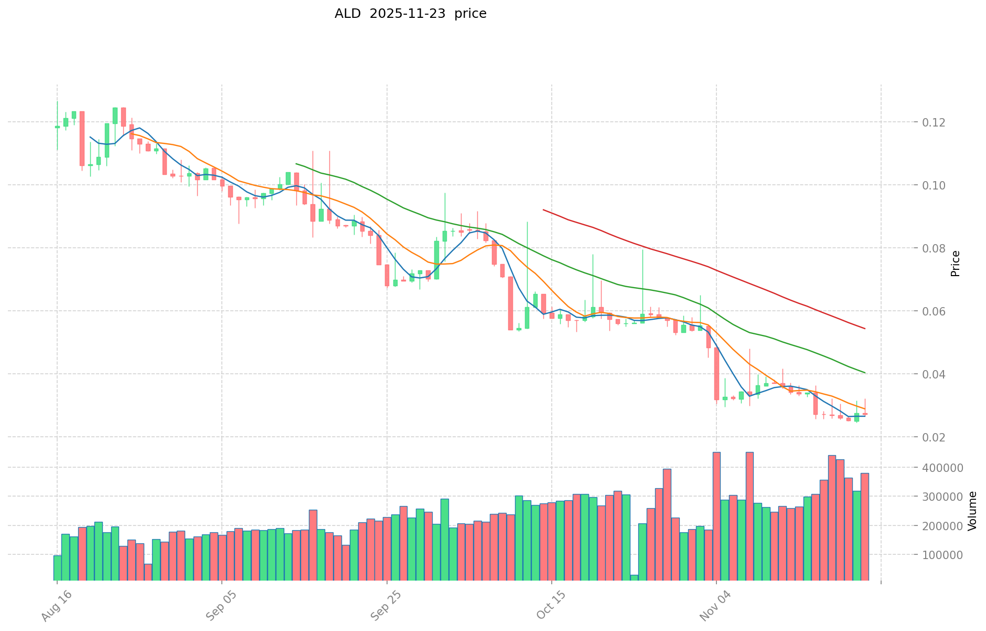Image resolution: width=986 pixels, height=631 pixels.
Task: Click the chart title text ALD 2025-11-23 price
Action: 410,14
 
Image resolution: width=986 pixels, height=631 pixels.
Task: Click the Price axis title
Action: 955,264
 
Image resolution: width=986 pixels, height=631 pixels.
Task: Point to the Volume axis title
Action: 972,511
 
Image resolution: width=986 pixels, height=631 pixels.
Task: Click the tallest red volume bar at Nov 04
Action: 716,516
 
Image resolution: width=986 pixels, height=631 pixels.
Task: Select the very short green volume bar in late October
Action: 634,577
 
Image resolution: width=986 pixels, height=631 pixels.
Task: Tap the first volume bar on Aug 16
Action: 57,567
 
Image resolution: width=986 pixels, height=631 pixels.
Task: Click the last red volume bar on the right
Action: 864,527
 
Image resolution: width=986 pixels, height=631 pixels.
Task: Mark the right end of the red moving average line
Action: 865,329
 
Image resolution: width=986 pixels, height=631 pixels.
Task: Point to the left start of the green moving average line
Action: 296,163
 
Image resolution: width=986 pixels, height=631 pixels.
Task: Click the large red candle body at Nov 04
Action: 716,374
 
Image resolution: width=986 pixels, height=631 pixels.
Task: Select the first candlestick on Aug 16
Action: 57,127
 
